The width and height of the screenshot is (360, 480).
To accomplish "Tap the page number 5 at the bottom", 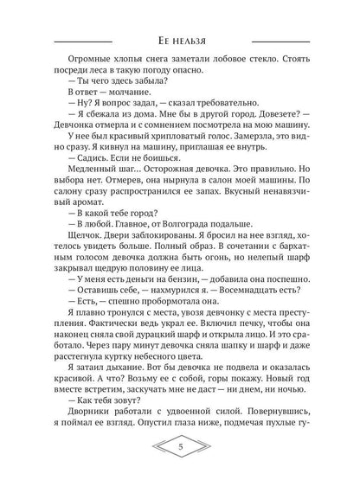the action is click(x=179, y=447).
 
